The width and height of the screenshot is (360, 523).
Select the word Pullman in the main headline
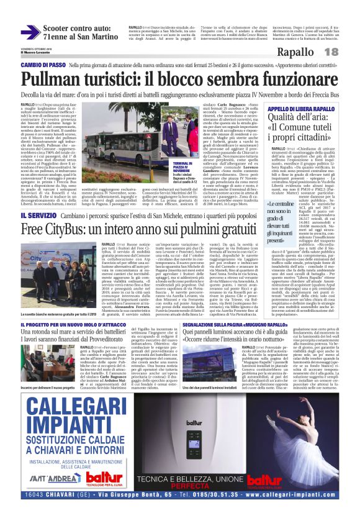tap(52, 79)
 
